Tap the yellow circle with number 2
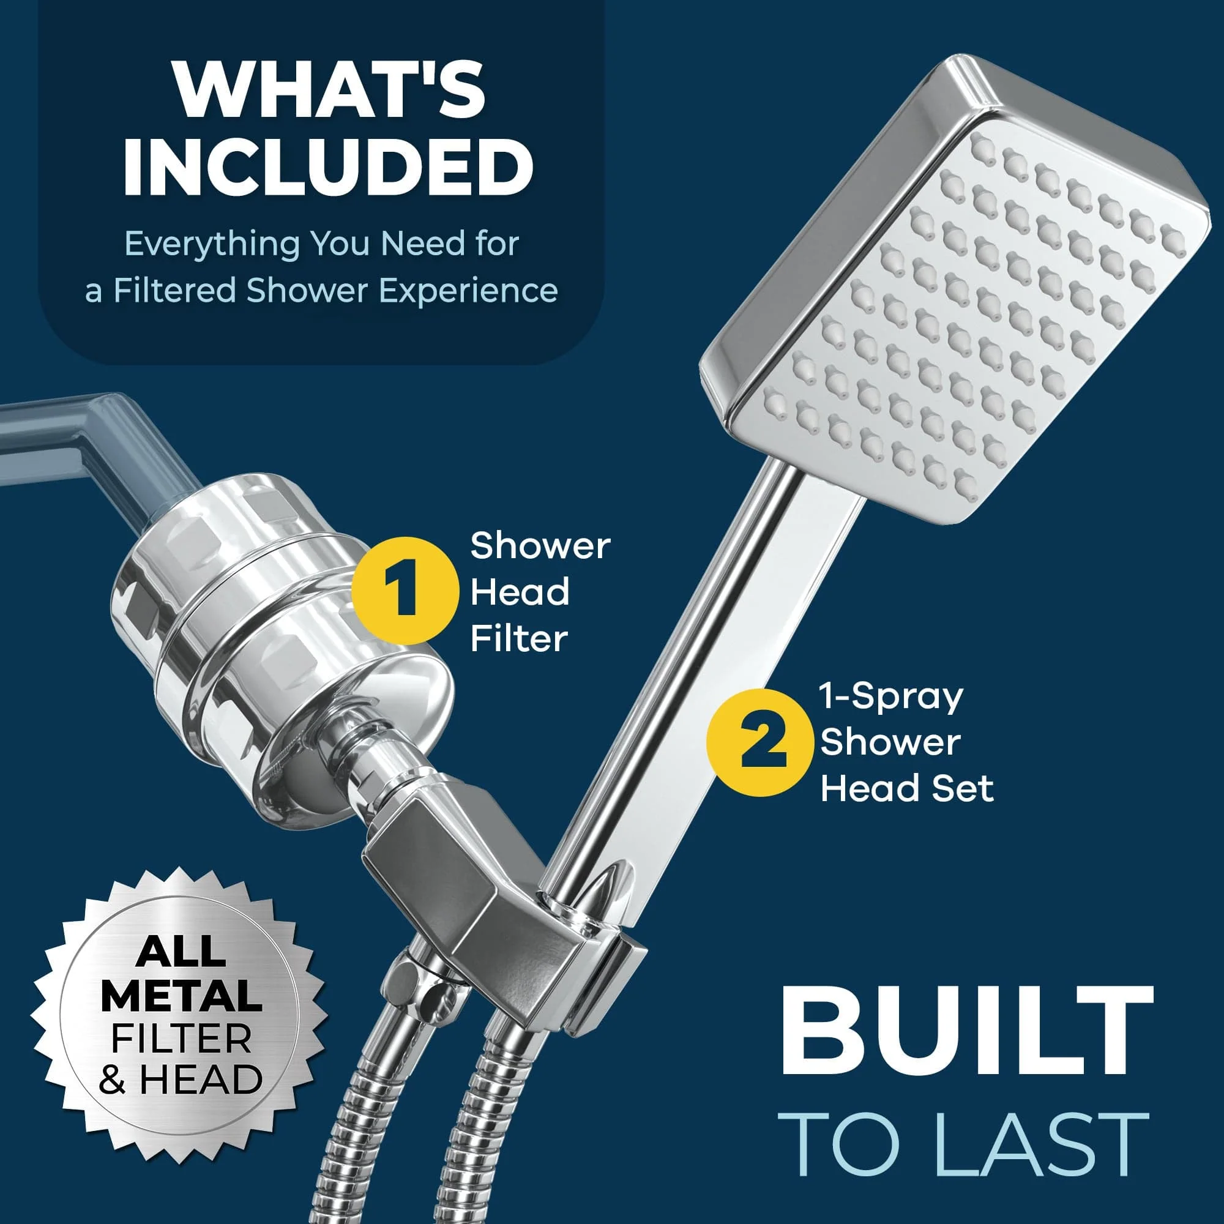[759, 742]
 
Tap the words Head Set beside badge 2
[906, 789]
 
